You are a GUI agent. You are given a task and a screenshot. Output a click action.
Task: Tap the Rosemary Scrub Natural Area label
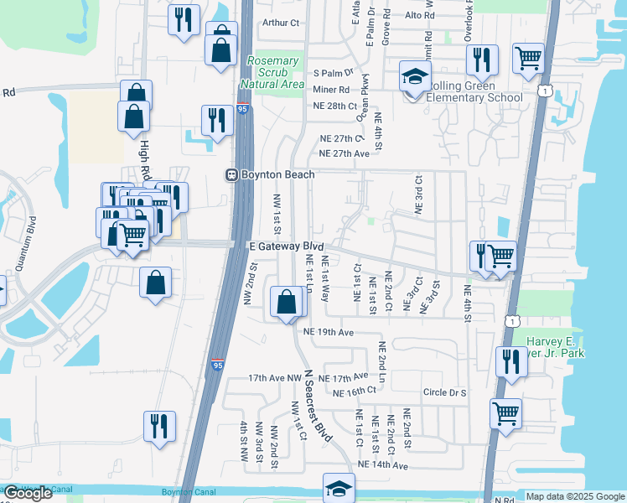(x=272, y=72)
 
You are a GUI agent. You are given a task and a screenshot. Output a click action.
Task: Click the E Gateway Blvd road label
(x=286, y=246)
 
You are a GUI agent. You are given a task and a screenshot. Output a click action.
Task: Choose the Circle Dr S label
(x=444, y=392)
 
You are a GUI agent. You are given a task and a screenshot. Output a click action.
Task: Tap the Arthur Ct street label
(x=281, y=23)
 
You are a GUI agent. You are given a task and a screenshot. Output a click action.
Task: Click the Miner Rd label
(x=330, y=90)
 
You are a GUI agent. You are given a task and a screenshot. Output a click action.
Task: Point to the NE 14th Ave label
(x=382, y=464)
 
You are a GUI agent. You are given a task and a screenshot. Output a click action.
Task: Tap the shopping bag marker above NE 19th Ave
(x=287, y=303)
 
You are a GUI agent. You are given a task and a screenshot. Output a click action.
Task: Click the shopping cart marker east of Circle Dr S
(x=505, y=412)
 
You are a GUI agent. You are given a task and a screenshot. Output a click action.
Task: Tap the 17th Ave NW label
(x=274, y=379)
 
